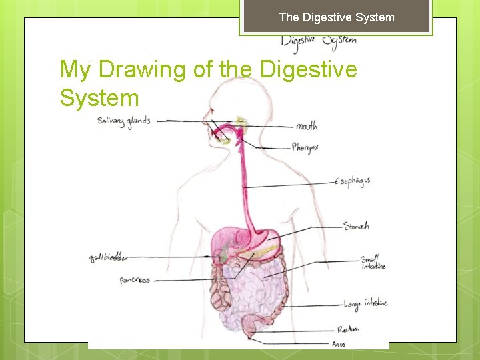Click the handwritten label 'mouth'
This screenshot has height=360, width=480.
pyautogui.click(x=307, y=126)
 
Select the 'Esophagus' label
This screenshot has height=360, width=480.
pyautogui.click(x=353, y=181)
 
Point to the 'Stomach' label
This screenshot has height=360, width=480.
pyautogui.click(x=356, y=226)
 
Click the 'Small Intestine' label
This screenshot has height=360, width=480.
pyautogui.click(x=373, y=263)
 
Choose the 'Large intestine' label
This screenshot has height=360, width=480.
pyautogui.click(x=365, y=303)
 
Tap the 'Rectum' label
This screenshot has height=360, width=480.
pyautogui.click(x=349, y=329)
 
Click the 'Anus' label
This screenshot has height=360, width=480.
pyautogui.click(x=339, y=344)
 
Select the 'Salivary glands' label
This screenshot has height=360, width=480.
pyautogui.click(x=123, y=121)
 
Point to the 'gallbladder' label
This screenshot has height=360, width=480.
pyautogui.click(x=109, y=258)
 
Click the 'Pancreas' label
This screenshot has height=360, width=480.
pyautogui.click(x=135, y=280)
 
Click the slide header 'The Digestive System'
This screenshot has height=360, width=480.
pyautogui.click(x=337, y=17)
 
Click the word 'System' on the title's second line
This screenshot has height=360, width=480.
pyautogui.click(x=99, y=98)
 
